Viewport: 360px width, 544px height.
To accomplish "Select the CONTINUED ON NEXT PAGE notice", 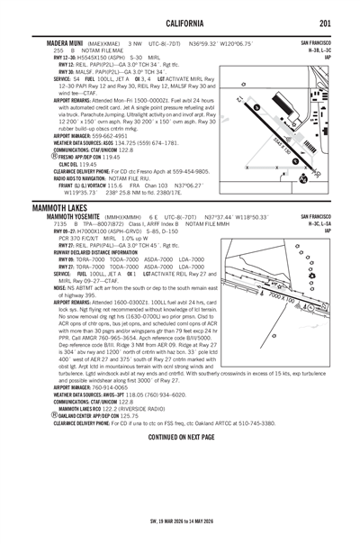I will tap(181, 436).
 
